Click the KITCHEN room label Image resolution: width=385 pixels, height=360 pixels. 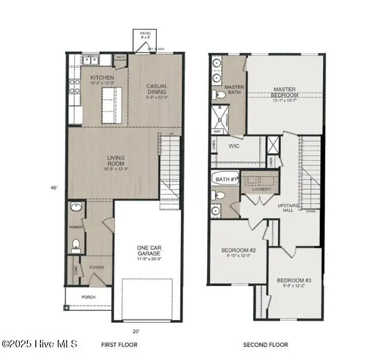[102, 77]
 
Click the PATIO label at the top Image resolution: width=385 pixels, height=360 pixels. [145, 33]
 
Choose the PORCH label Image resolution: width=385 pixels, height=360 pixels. [88, 296]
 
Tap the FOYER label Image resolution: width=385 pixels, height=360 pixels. [96, 267]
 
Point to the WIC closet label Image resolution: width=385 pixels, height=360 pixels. [234, 146]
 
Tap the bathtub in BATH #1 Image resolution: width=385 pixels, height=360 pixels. [226, 179]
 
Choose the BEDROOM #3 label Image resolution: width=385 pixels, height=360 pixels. [295, 280]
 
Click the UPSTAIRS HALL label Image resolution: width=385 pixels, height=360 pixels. [289, 208]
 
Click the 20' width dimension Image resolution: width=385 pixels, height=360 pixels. [136, 331]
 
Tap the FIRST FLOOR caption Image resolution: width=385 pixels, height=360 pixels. [119, 345]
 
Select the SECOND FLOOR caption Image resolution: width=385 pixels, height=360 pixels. [265, 345]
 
